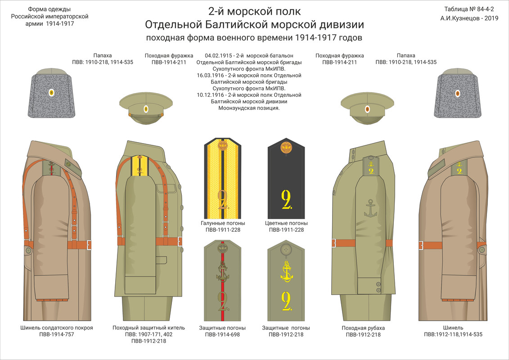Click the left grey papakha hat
pos(51,94)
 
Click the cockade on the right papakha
pos(457,94)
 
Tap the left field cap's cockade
pos(146,109)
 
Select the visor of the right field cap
pos(367,119)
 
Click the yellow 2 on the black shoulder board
pos(287,199)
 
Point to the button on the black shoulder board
pos(286,148)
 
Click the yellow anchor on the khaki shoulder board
pos(287,271)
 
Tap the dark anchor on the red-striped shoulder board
pos(223,271)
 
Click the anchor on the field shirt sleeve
pos(370,208)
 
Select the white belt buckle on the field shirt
pos(334,243)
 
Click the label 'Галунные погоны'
pos(223,223)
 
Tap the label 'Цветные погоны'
pos(286,223)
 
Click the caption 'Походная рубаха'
pos(363,328)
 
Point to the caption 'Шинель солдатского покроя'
pos(57,328)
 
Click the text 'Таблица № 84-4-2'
pos(469,9)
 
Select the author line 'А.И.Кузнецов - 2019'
pos(469,18)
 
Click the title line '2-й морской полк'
pos(255,11)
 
